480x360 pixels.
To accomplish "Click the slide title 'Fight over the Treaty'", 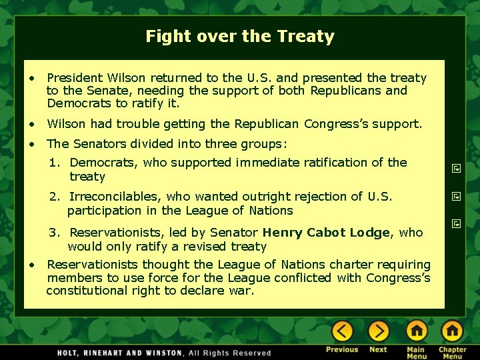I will coord(240,36).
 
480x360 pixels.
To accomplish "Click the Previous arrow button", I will coord(342,331).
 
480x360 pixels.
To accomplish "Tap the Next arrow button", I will coord(378,331).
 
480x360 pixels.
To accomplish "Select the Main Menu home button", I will coord(416,331).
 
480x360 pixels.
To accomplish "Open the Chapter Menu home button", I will coord(452,331).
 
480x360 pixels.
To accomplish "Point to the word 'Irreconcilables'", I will coord(114,197).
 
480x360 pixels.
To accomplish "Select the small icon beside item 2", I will coord(457,197).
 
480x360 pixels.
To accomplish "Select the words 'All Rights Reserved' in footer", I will coord(230,353).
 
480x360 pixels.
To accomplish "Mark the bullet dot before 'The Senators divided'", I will coord(32,144).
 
